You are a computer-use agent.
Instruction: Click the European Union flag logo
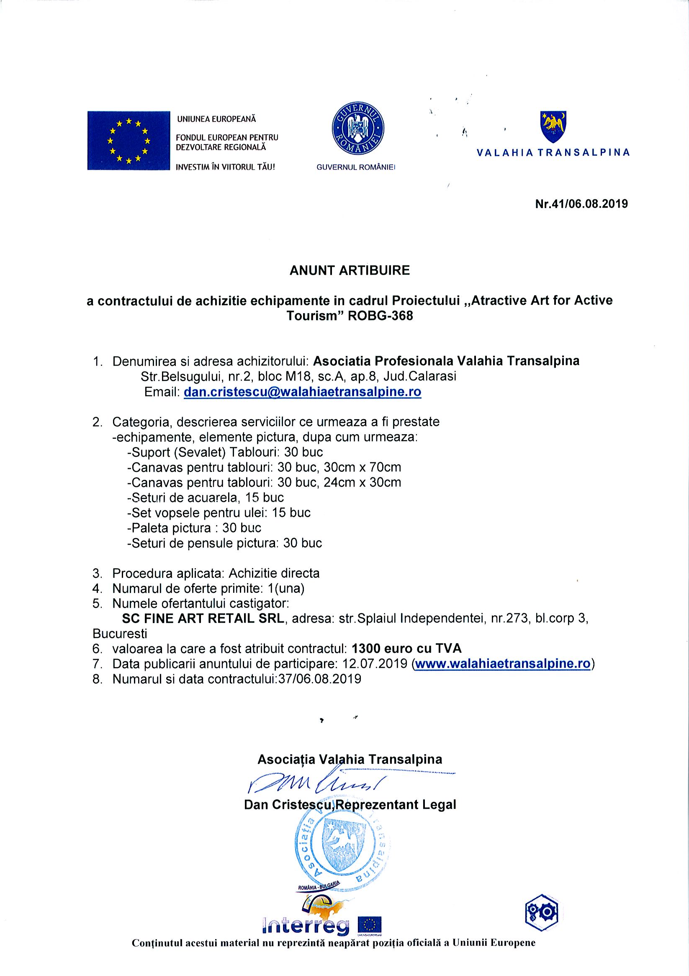pos(129,141)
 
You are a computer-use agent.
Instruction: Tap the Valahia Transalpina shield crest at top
pos(553,126)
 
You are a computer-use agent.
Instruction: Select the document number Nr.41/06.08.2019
pos(581,204)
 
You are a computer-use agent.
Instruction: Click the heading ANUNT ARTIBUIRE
pos(350,270)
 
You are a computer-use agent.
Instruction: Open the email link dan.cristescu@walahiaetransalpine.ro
pos(302,391)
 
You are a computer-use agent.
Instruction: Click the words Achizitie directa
pos(274,573)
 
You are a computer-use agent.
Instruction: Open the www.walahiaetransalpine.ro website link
pos(503,664)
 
